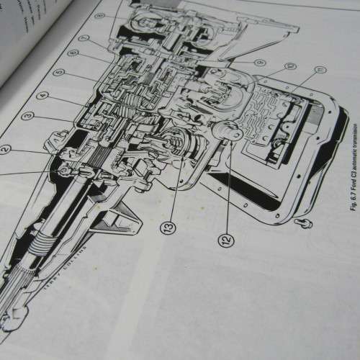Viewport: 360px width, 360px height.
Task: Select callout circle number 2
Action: pos(6,150)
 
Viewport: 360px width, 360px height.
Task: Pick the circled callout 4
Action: pos(42,94)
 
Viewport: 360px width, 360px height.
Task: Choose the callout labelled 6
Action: pos(74,53)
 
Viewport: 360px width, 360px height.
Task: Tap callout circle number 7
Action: pos(86,37)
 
